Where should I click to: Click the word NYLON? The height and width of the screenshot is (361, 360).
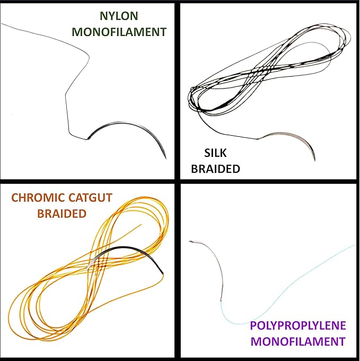[119, 16]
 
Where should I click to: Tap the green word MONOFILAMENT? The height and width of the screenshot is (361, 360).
[119, 32]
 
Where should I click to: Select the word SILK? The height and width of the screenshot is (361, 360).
[215, 153]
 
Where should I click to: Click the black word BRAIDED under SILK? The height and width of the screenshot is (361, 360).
[216, 169]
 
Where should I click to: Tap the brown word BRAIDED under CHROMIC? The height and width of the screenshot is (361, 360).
[62, 214]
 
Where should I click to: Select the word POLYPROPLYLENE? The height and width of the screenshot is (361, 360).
[298, 325]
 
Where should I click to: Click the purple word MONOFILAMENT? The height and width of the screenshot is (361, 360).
[298, 341]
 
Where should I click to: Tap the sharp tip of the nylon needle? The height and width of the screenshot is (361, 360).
[166, 159]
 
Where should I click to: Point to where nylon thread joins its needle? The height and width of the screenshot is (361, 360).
[87, 139]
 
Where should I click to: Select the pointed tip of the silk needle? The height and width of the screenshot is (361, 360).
[315, 160]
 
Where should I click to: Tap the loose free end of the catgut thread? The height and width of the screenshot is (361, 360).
[142, 224]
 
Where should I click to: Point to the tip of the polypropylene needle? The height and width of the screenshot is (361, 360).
[190, 241]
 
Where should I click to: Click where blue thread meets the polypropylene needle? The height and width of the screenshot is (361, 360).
[221, 301]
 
